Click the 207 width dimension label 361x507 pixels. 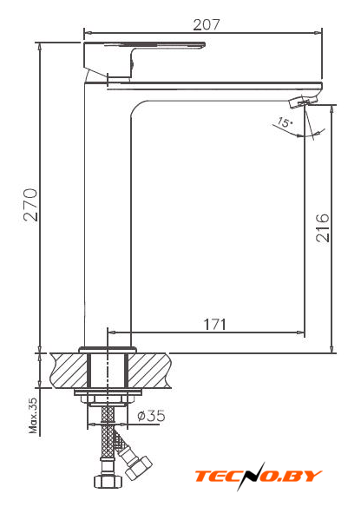[207, 24]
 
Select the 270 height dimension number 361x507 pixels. [30, 205]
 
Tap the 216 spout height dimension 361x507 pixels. [323, 227]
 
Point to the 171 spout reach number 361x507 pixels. [215, 324]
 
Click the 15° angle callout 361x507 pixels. [285, 122]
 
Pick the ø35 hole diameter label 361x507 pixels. [151, 416]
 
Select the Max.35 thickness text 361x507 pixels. [33, 415]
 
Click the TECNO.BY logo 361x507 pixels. [259, 476]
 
